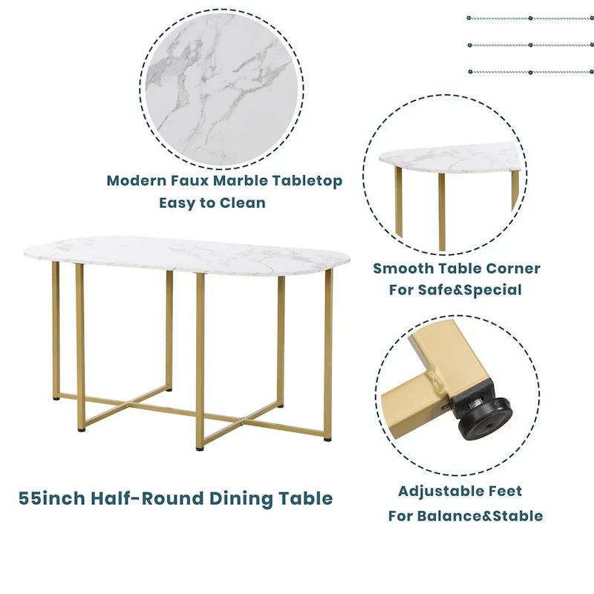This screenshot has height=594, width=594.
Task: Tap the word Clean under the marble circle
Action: click(241, 203)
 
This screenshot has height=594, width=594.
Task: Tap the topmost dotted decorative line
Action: click(530, 18)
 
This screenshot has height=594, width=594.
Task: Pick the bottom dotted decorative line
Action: click(530, 72)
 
